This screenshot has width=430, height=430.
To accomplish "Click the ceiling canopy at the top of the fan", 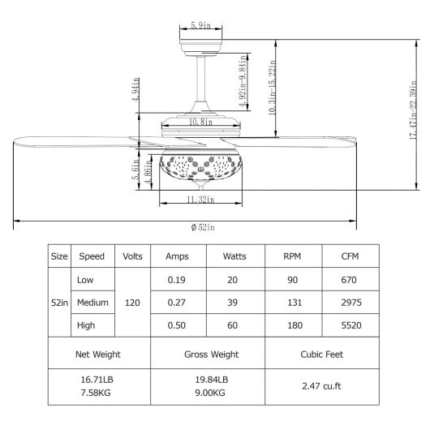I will pyautogui.click(x=197, y=42).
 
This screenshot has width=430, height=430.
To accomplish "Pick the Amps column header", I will pyautogui.click(x=177, y=256).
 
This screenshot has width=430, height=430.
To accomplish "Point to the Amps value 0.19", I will pyautogui.click(x=177, y=279).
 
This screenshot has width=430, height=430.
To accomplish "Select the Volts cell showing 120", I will pyautogui.click(x=132, y=302).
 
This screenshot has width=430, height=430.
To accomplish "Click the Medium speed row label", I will pyautogui.click(x=92, y=302).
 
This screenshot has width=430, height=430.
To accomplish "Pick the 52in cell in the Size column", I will pyautogui.click(x=58, y=302).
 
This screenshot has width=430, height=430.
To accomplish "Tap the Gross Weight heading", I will pyautogui.click(x=207, y=355).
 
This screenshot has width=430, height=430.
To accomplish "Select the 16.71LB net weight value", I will pyautogui.click(x=99, y=379).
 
